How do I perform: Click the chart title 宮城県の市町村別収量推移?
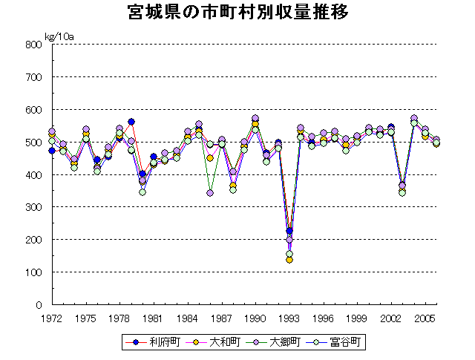(237, 13)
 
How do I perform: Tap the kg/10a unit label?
(59, 36)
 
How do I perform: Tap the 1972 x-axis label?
(51, 318)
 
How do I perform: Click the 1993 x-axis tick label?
(289, 318)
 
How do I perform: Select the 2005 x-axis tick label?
(425, 318)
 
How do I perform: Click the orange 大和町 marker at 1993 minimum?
(289, 260)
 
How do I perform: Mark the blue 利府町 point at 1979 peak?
(131, 122)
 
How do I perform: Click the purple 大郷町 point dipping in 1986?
(210, 193)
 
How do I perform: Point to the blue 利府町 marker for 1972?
(52, 151)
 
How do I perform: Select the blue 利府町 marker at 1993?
(289, 231)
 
